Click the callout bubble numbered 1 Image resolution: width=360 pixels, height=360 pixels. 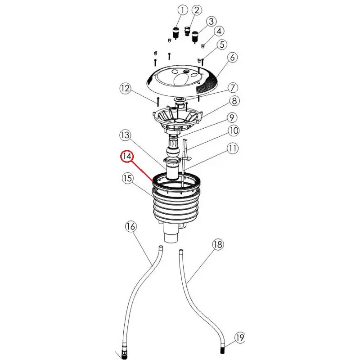click(183, 10)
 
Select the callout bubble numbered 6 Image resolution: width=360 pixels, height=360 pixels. click(232, 58)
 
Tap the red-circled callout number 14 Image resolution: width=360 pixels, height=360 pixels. click(127, 156)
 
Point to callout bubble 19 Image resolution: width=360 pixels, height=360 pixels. click(240, 338)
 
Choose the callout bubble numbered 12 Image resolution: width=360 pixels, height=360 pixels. click(126, 88)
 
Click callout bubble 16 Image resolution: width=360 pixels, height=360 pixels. click(130, 227)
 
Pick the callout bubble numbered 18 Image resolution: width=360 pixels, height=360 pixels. click(218, 244)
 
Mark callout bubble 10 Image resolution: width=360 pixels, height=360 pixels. click(234, 130)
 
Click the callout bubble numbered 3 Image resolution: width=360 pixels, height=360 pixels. click(211, 22)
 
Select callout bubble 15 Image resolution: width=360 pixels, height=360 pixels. click(127, 178)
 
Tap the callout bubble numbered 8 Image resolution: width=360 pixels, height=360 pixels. click(234, 101)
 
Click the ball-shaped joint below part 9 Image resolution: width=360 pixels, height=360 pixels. click(172, 151)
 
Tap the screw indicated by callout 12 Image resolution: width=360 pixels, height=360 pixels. click(158, 102)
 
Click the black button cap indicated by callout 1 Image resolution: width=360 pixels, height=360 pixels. click(176, 32)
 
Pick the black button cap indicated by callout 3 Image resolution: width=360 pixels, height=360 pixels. click(195, 37)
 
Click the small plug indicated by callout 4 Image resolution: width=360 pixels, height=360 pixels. click(203, 46)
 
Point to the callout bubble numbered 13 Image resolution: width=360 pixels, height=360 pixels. click(125, 135)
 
